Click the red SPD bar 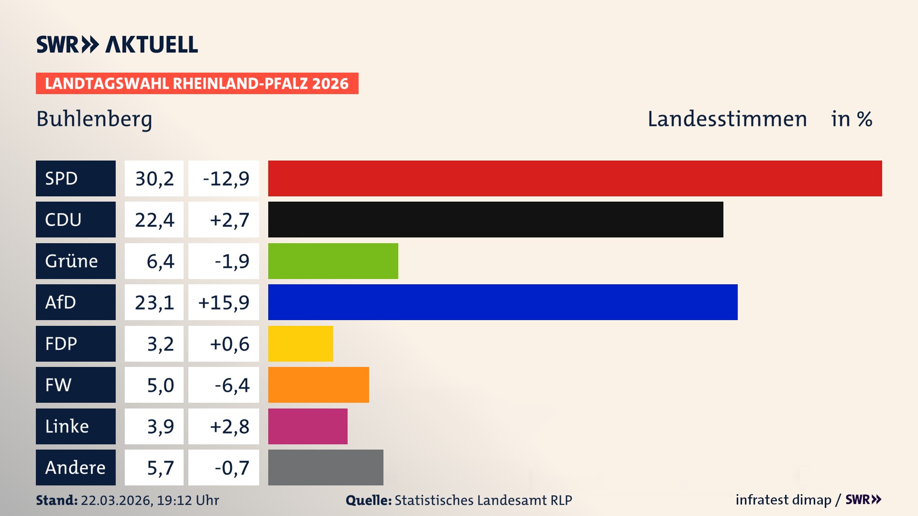(575, 178)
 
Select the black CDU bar (495, 220)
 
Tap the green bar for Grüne (333, 261)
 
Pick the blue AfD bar (503, 302)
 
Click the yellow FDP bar (300, 344)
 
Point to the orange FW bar (318, 385)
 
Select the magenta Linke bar (307, 426)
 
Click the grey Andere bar (326, 467)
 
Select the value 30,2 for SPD (154, 179)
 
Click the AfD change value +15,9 (224, 302)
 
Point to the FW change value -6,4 (231, 385)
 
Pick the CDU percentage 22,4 (154, 220)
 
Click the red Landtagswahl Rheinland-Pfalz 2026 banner (197, 84)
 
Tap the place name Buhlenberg (94, 119)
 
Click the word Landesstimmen (727, 119)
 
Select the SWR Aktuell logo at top (117, 44)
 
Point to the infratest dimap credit (783, 500)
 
